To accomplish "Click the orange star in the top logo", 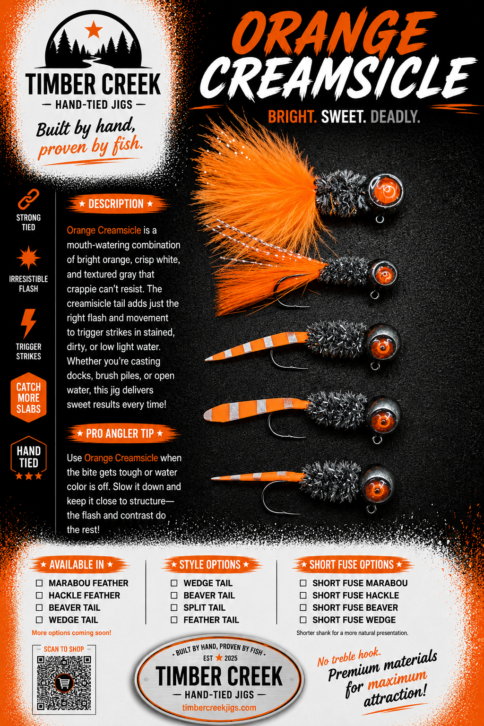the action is tap(94, 29).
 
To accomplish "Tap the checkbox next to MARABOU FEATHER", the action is tap(39, 583).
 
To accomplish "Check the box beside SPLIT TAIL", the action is tap(174, 607).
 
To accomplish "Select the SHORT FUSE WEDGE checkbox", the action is tap(303, 620).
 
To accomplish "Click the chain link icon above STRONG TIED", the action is tap(28, 199).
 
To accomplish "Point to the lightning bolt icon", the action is tap(28, 323).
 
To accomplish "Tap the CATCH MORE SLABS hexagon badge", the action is tap(28, 398).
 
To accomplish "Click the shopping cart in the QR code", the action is tap(64, 683).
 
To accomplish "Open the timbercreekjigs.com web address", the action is tap(219, 708).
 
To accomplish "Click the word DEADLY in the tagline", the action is tap(395, 117).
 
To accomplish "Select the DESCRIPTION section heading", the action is tap(116, 204).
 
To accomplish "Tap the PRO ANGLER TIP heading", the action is tap(120, 433).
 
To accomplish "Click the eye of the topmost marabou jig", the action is tap(387, 190).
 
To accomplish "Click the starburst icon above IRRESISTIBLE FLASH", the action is tap(28, 258).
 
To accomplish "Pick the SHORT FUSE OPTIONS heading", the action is tap(352, 565).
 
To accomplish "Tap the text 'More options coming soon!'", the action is tap(71, 633).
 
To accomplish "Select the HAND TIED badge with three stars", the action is tap(28, 458).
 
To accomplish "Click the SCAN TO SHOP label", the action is tap(64, 649).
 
